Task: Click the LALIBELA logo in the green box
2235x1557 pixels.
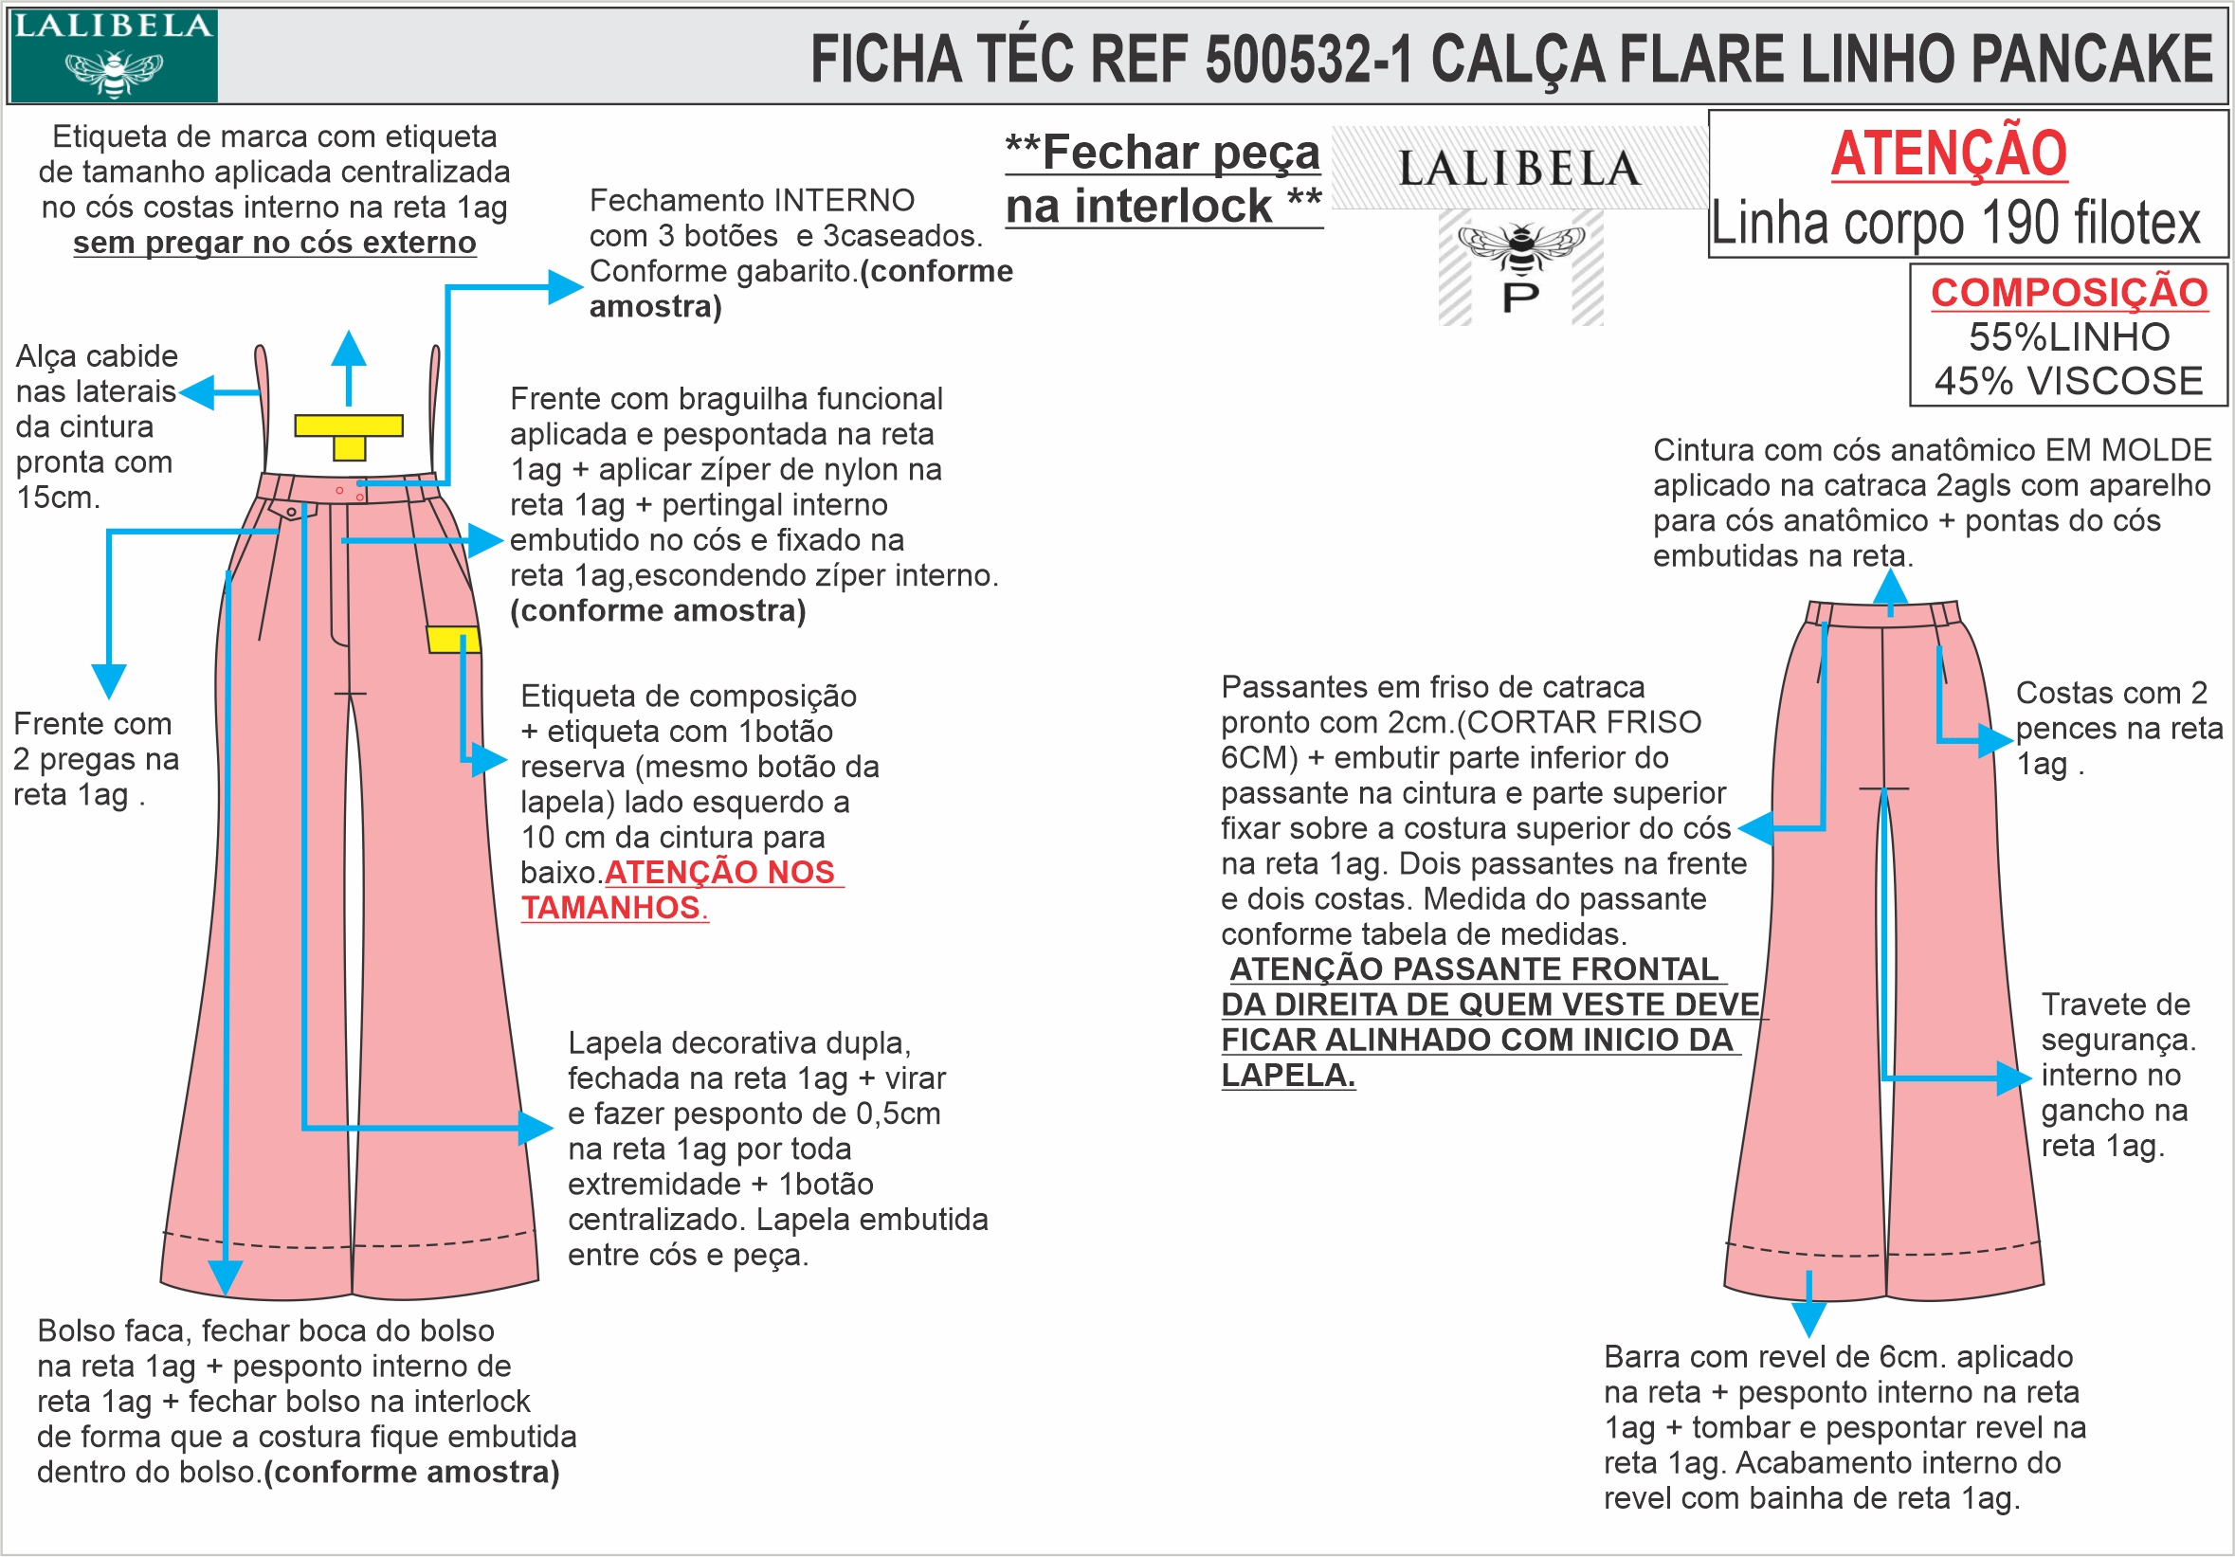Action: click(x=113, y=55)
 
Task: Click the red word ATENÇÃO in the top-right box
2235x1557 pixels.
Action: click(x=1949, y=154)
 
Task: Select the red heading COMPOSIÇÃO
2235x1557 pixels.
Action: click(x=2068, y=293)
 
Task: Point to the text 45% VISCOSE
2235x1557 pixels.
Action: click(x=2068, y=381)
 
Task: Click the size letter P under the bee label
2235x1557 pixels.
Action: click(x=1520, y=298)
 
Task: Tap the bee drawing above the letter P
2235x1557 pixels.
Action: click(x=1520, y=247)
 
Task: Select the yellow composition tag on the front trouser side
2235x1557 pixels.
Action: click(x=453, y=640)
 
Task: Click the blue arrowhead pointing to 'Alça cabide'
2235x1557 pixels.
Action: click(x=195, y=392)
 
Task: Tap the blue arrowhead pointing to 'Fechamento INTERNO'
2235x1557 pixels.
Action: click(x=566, y=287)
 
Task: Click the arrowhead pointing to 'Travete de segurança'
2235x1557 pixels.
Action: click(x=2014, y=1077)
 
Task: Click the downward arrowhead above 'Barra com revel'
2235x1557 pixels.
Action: click(x=1808, y=1318)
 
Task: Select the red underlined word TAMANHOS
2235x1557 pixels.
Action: click(x=610, y=907)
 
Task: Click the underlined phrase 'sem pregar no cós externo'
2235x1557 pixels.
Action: click(x=275, y=243)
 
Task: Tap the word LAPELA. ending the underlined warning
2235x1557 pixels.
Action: click(x=1287, y=1076)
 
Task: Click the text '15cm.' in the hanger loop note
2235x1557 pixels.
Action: click(x=58, y=498)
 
